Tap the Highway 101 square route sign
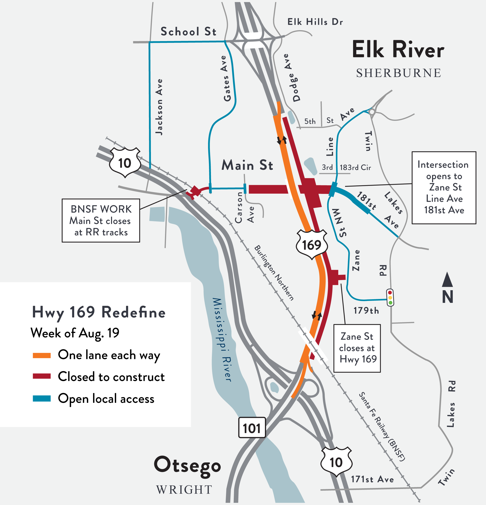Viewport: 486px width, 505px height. pyautogui.click(x=252, y=428)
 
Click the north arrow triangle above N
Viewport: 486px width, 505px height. pyautogui.click(x=447, y=280)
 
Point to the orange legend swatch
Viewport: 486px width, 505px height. pyautogui.click(x=42, y=355)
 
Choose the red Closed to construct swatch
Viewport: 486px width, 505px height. pyautogui.click(x=42, y=376)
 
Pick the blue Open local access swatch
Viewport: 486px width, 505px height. pyautogui.click(x=42, y=398)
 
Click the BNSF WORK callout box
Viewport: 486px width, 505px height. pyautogui.click(x=101, y=221)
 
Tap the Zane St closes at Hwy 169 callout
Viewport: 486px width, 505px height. pyautogui.click(x=357, y=348)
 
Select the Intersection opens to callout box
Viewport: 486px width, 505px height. pyautogui.click(x=444, y=187)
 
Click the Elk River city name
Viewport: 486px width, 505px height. pyautogui.click(x=398, y=50)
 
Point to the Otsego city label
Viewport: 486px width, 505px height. pyautogui.click(x=187, y=465)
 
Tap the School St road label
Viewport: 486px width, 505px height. pyautogui.click(x=188, y=32)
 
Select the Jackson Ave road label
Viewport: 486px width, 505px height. pyautogui.click(x=159, y=107)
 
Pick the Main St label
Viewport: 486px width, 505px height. pyautogui.click(x=247, y=165)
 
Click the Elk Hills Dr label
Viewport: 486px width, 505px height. pyautogui.click(x=315, y=22)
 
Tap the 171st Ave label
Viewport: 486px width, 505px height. pyautogui.click(x=372, y=479)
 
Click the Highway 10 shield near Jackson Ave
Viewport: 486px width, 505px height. pyautogui.click(x=125, y=162)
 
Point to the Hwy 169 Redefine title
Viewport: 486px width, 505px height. pyautogui.click(x=99, y=312)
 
